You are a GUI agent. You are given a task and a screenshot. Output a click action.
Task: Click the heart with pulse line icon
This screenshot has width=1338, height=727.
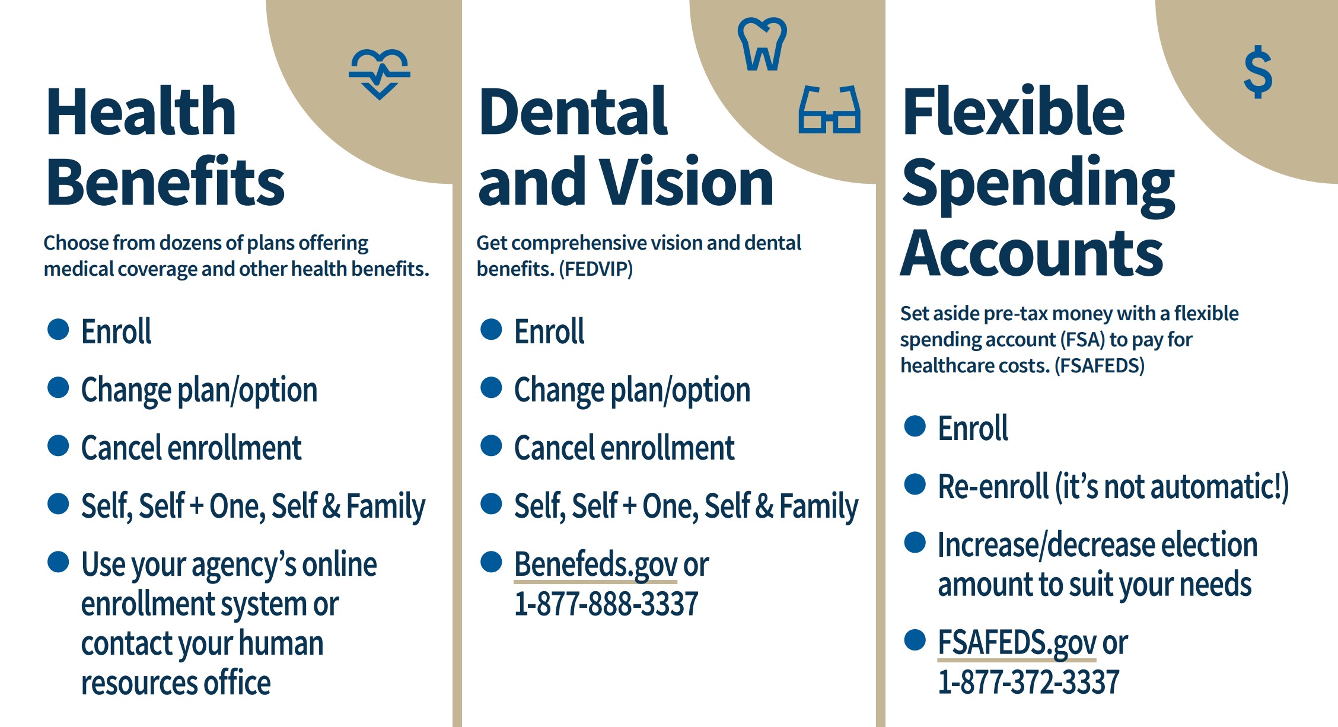[380, 73]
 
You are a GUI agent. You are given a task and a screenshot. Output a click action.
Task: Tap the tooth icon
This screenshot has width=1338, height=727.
[762, 44]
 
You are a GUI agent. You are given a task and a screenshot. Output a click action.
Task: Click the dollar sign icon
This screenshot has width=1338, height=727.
[1258, 72]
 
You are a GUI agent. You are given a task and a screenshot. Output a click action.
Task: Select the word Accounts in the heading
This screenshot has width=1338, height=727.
[1031, 253]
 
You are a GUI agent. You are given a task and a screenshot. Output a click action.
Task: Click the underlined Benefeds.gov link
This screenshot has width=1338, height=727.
[595, 565]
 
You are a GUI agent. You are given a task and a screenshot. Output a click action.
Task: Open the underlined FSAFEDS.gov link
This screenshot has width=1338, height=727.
[1017, 643]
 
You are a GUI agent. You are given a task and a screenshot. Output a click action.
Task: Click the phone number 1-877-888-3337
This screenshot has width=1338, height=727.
[606, 604]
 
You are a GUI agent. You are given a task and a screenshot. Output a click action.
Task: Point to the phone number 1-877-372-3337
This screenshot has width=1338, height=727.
[1028, 682]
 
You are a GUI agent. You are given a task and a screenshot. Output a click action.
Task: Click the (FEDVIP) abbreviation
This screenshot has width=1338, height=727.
[595, 269]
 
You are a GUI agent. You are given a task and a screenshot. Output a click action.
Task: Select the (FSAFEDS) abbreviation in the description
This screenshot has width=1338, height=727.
[1099, 366]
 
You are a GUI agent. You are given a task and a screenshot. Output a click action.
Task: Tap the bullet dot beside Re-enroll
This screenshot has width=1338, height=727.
[915, 484]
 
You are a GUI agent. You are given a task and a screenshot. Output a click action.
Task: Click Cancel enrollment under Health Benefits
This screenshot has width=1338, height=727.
[191, 448]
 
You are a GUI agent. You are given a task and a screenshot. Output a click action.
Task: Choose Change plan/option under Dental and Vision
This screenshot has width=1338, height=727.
[632, 391]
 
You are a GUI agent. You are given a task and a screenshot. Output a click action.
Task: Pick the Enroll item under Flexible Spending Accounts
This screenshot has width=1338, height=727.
[973, 428]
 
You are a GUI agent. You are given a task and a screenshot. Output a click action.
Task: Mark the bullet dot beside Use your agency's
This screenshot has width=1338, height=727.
[58, 562]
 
